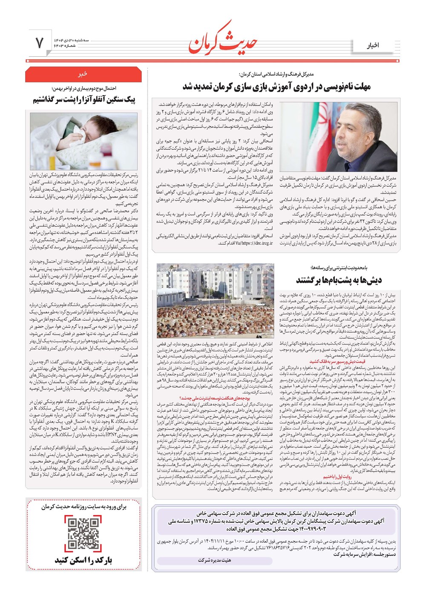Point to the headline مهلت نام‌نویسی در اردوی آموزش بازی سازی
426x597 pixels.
[277, 87]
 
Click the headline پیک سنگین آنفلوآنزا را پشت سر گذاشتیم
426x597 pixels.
[84, 100]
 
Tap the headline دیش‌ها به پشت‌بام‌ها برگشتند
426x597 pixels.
[339, 280]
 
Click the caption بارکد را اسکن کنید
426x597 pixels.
[83, 560]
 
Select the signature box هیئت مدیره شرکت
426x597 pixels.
[215, 560]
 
